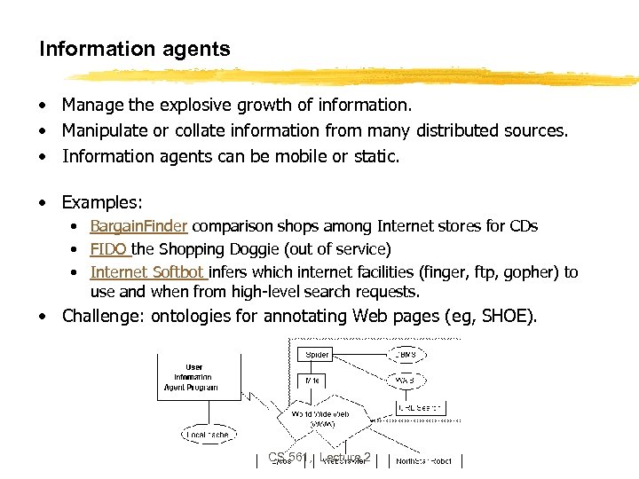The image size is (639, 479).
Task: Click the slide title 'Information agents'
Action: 134,49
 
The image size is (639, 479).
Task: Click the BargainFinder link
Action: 140,226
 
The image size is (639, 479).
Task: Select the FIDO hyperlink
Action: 109,249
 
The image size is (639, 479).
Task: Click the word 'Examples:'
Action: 102,202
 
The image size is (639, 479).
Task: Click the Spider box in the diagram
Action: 316,354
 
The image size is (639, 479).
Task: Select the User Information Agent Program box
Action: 193,377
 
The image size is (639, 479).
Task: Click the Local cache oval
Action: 208,435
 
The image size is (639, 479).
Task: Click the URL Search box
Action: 420,408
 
